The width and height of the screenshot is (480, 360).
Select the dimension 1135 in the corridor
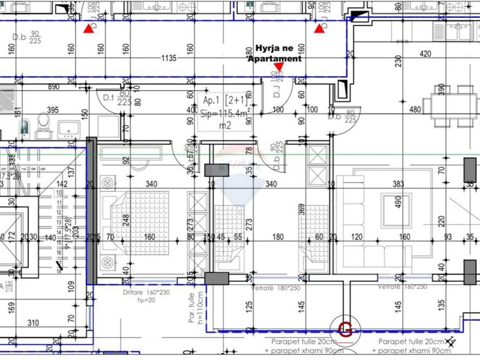(x=169, y=59)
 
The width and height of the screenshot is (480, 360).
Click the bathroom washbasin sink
(x=69, y=128)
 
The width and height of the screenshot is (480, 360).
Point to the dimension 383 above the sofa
(x=398, y=184)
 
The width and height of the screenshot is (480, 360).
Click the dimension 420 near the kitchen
(x=425, y=54)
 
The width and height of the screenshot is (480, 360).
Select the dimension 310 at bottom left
(x=33, y=322)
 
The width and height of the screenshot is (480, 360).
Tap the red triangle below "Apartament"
(x=278, y=67)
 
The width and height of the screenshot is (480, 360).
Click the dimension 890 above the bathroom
(x=53, y=87)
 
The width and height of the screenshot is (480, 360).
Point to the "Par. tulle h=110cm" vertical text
(x=195, y=307)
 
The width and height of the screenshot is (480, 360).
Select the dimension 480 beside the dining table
(x=402, y=110)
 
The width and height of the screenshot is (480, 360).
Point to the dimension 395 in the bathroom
(x=53, y=110)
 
